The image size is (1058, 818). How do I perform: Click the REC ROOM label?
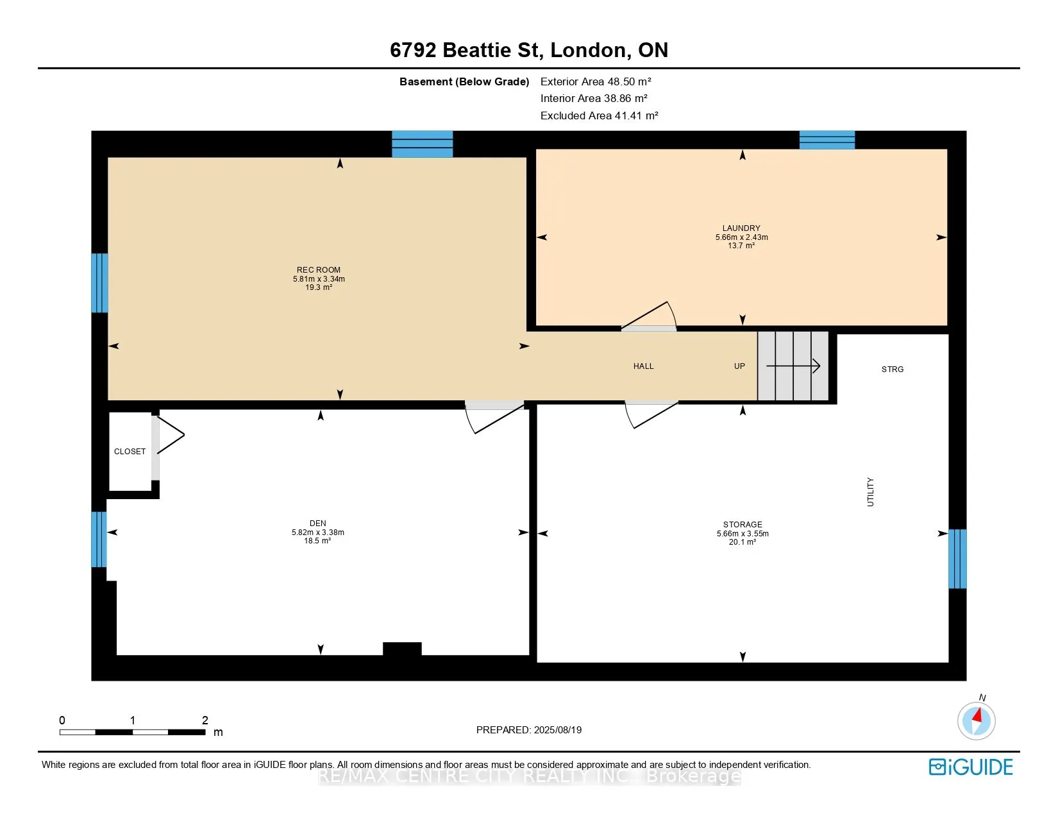[319, 270]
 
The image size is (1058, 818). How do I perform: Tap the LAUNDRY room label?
[741, 228]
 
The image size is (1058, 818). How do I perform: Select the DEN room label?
[318, 524]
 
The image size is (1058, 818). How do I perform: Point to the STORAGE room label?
[743, 524]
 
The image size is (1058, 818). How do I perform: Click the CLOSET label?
[130, 452]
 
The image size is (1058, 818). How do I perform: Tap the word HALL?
[643, 366]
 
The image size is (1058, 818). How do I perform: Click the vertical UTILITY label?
[871, 492]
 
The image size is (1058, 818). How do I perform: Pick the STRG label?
[893, 370]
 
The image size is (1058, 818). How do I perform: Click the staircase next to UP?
[793, 366]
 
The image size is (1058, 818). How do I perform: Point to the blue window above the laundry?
[827, 140]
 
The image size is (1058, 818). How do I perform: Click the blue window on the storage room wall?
[957, 558]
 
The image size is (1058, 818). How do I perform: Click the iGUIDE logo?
[970, 767]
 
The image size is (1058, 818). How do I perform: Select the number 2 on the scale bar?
[205, 720]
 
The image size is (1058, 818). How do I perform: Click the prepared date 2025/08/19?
[557, 730]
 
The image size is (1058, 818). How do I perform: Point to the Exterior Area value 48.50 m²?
[629, 81]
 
